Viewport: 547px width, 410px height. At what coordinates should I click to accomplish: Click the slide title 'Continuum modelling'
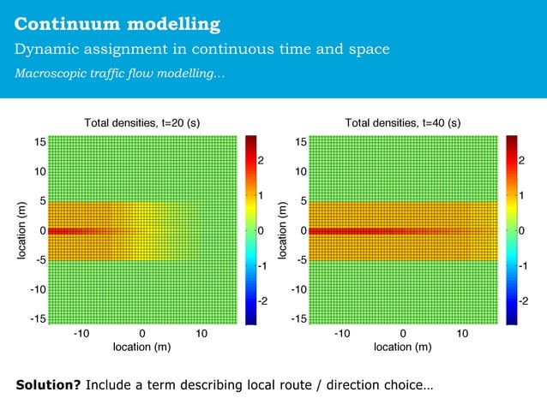117,23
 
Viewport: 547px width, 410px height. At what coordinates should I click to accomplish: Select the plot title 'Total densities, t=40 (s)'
403,122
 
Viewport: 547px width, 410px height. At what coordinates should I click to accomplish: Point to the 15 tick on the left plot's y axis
39,141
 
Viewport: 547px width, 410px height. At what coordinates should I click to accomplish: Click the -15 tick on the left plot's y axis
37,319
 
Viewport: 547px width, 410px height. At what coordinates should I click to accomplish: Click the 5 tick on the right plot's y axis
303,201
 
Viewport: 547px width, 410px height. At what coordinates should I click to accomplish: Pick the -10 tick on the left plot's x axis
82,333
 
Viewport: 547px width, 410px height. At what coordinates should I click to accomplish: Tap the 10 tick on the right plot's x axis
462,333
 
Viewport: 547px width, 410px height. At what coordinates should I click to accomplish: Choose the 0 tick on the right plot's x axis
403,333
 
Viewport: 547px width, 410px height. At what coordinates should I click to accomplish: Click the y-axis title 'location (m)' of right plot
282,230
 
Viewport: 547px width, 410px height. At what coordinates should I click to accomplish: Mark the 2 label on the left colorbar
261,160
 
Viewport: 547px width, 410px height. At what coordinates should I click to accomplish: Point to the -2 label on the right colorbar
523,301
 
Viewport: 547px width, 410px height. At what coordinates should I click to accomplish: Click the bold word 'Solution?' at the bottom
49,385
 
